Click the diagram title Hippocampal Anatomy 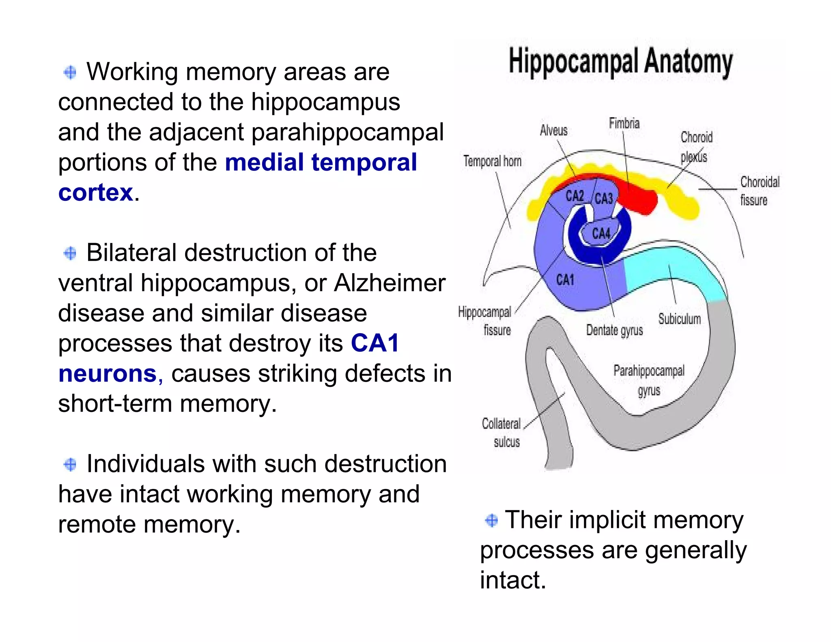(x=620, y=62)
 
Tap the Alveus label (x=553, y=131)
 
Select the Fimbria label (x=624, y=123)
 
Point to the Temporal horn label (x=492, y=162)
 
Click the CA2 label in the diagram (x=575, y=196)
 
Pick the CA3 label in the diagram (x=604, y=198)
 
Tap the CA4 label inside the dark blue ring (x=601, y=234)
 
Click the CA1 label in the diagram (x=565, y=280)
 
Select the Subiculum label (x=679, y=319)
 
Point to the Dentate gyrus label (x=614, y=330)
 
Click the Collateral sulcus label (x=502, y=433)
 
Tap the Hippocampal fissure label (x=485, y=321)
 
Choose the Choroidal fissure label (x=759, y=191)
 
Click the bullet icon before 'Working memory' (x=70, y=73)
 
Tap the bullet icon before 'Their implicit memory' (x=491, y=520)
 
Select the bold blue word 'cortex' (x=96, y=192)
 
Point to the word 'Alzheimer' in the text (x=390, y=283)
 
